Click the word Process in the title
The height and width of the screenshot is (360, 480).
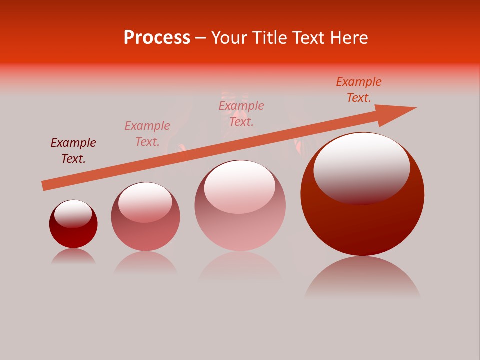[x=157, y=38]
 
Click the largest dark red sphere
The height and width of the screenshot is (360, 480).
[x=362, y=220]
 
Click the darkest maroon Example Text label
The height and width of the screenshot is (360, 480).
[x=73, y=151]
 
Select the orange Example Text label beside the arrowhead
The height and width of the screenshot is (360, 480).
[x=359, y=90]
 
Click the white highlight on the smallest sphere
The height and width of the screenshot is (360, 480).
[x=73, y=213]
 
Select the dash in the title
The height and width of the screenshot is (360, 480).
[x=201, y=38]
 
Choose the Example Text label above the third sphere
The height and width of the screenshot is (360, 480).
[x=241, y=113]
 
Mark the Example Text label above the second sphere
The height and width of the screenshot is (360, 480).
[x=147, y=134]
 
